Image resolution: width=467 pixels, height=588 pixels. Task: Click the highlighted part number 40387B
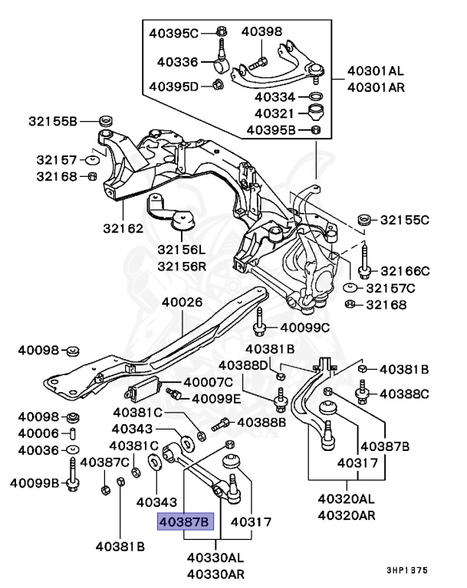point(183,523)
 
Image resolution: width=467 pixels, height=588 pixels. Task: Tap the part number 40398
point(261,31)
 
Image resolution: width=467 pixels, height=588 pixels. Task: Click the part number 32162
point(123,228)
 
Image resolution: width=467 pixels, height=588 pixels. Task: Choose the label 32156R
point(183,266)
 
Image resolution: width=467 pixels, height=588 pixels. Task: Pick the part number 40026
point(182,302)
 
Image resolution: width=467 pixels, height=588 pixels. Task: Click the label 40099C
point(304,328)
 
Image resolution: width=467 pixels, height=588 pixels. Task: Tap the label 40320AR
point(348,514)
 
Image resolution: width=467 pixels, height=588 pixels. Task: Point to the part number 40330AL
point(215,557)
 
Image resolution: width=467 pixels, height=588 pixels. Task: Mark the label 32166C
point(405,270)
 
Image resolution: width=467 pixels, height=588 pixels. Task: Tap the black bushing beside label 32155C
point(365,219)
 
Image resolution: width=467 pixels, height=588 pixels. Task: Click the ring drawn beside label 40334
point(314,97)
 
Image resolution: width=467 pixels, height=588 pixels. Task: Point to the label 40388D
point(244,365)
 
